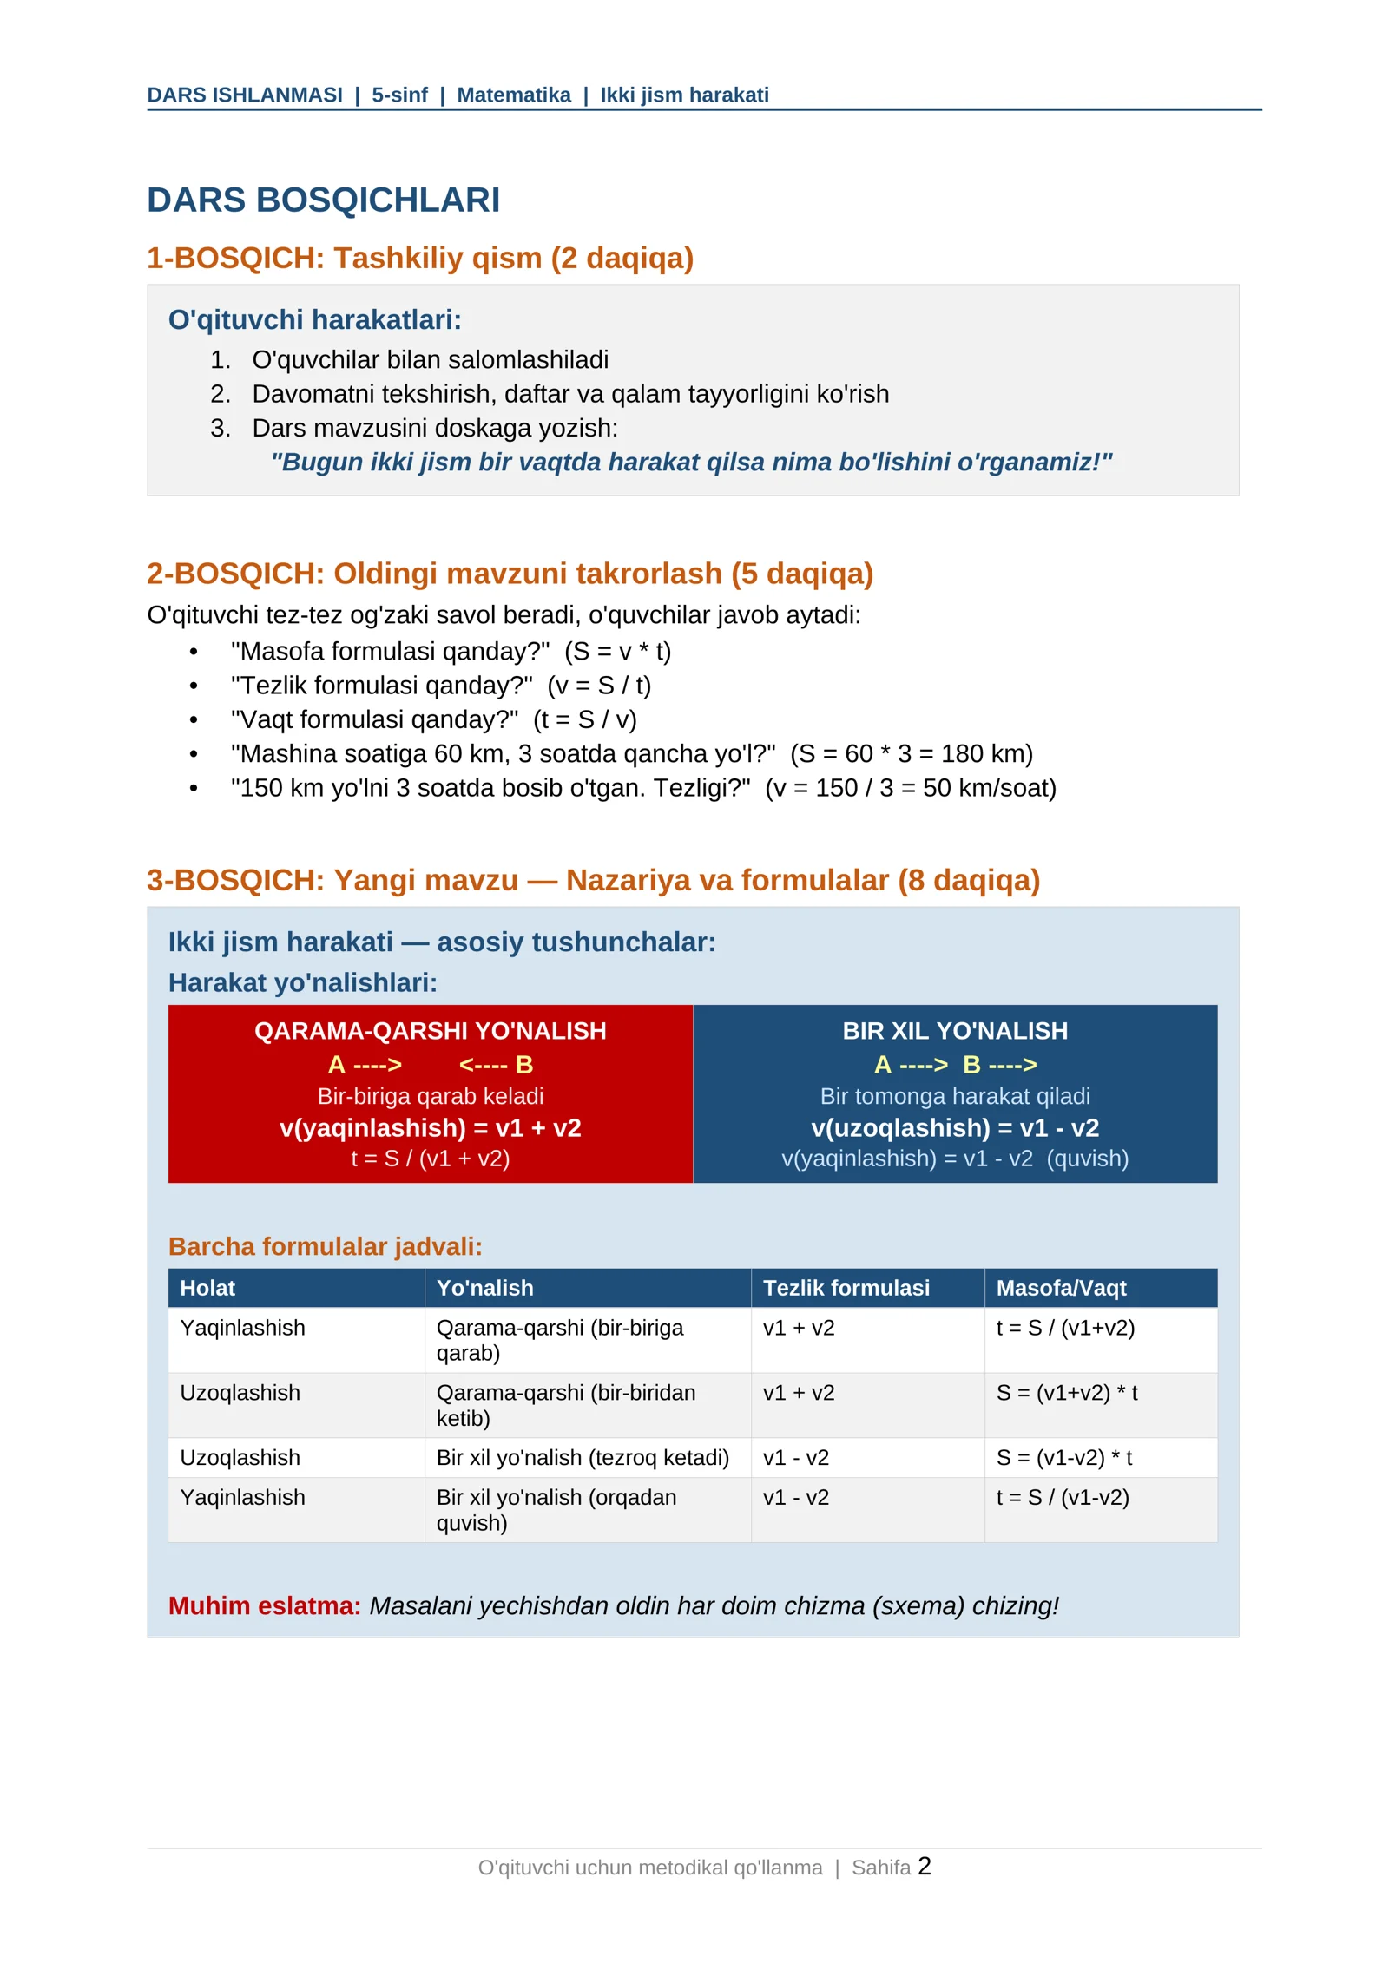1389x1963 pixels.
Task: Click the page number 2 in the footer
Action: [x=924, y=1865]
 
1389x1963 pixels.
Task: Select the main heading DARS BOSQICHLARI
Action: [x=323, y=200]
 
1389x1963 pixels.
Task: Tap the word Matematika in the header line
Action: [x=513, y=95]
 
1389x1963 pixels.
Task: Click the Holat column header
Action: [x=207, y=1288]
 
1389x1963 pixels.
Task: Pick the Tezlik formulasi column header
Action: [x=846, y=1288]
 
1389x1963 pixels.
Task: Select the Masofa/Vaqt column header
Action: [x=1060, y=1288]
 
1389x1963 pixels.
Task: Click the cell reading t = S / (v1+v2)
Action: [x=1064, y=1328]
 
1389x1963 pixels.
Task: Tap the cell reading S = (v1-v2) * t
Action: [x=1063, y=1457]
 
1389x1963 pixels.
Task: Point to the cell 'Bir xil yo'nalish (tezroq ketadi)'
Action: [x=582, y=1457]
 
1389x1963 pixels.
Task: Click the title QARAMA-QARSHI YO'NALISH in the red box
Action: [x=430, y=1031]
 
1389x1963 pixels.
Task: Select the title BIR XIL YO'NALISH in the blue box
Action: [x=954, y=1031]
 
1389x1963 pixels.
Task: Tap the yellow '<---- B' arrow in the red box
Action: [x=496, y=1065]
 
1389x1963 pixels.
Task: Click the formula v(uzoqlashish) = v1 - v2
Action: [x=954, y=1127]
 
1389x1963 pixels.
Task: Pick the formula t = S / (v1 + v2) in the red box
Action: [x=430, y=1159]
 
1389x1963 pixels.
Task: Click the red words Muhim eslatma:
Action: [x=264, y=1605]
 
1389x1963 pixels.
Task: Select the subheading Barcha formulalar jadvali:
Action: [x=325, y=1246]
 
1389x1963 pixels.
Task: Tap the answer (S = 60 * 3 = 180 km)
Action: [x=911, y=753]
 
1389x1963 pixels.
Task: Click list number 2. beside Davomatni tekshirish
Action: [x=221, y=394]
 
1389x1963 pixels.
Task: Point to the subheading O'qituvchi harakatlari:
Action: [x=314, y=319]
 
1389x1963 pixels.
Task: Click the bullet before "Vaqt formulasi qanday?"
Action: [x=194, y=719]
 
